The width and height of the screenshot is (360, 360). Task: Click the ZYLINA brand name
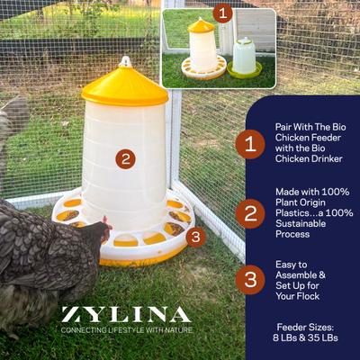pyautogui.click(x=125, y=314)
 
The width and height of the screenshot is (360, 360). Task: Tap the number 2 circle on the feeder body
pyautogui.click(x=126, y=159)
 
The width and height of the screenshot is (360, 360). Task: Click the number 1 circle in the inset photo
pyautogui.click(x=223, y=13)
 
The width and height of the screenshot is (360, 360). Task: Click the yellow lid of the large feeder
pyautogui.click(x=124, y=85)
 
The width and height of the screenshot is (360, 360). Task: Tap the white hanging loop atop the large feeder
pyautogui.click(x=124, y=61)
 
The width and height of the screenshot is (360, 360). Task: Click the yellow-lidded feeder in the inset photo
pyautogui.click(x=202, y=49)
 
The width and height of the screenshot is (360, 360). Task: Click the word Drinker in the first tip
pyautogui.click(x=328, y=159)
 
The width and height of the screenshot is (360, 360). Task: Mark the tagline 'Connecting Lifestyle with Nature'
pyautogui.click(x=125, y=330)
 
